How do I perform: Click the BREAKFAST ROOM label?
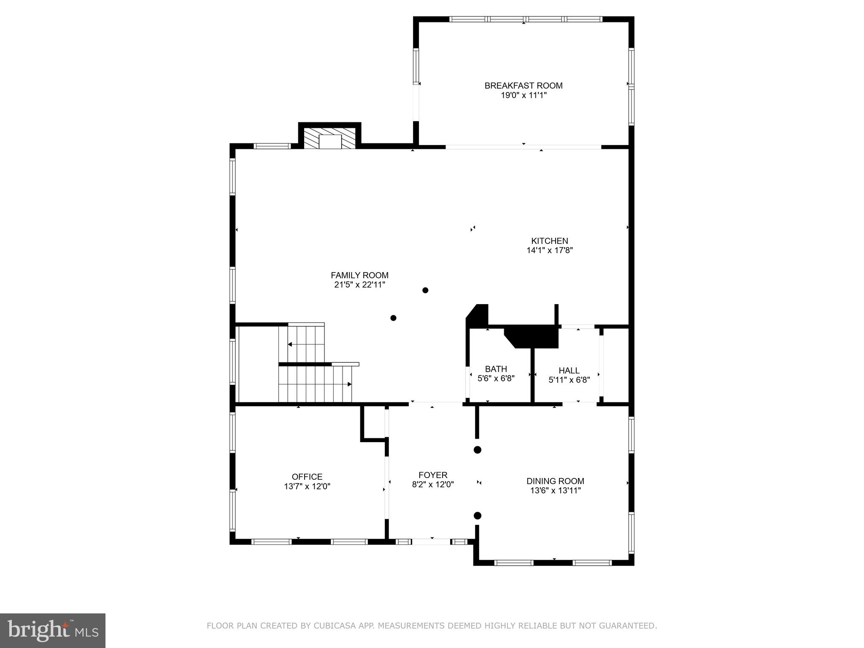tap(523, 86)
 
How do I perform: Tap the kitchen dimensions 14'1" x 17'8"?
tap(549, 250)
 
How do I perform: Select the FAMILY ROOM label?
tap(359, 275)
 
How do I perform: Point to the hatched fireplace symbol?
tap(329, 138)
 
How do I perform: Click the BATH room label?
tap(496, 369)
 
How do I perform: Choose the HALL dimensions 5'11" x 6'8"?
tap(569, 380)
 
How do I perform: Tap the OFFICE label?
tap(307, 477)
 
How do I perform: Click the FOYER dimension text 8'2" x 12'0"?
tap(432, 485)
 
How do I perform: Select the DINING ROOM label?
tap(555, 481)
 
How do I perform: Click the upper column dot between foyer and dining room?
tap(478, 450)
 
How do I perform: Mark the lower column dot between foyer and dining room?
tap(478, 516)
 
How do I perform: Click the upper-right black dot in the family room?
tap(425, 290)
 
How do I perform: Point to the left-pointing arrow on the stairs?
tap(290, 344)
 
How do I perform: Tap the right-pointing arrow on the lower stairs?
tap(349, 384)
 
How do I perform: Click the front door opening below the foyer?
tap(431, 542)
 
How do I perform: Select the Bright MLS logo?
tap(52, 630)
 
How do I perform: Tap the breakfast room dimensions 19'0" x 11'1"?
tap(523, 95)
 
